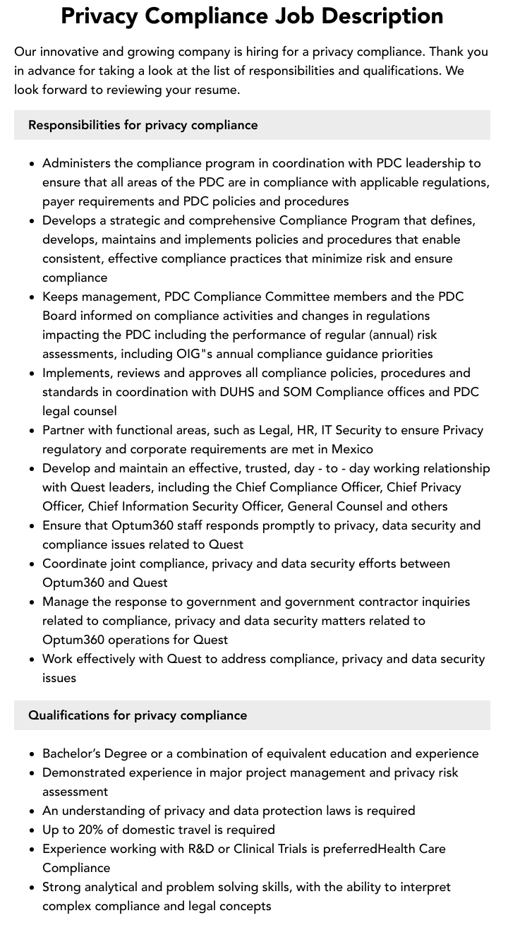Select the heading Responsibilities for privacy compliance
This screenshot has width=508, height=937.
(143, 125)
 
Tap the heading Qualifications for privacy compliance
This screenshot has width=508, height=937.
(138, 715)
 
